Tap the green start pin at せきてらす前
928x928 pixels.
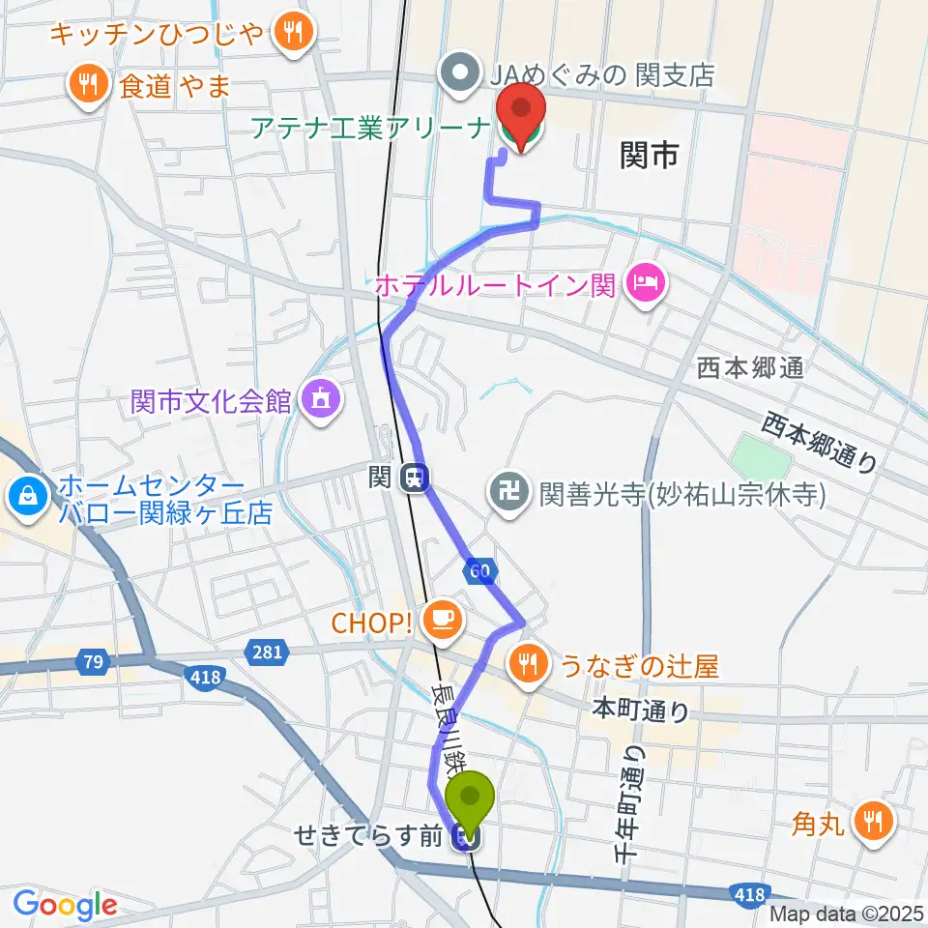470,798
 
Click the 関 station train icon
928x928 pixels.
415,478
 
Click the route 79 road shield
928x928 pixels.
94,663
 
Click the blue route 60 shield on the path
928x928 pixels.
479,570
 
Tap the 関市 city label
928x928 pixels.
650,155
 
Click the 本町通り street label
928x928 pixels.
640,711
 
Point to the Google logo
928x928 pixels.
65,904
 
